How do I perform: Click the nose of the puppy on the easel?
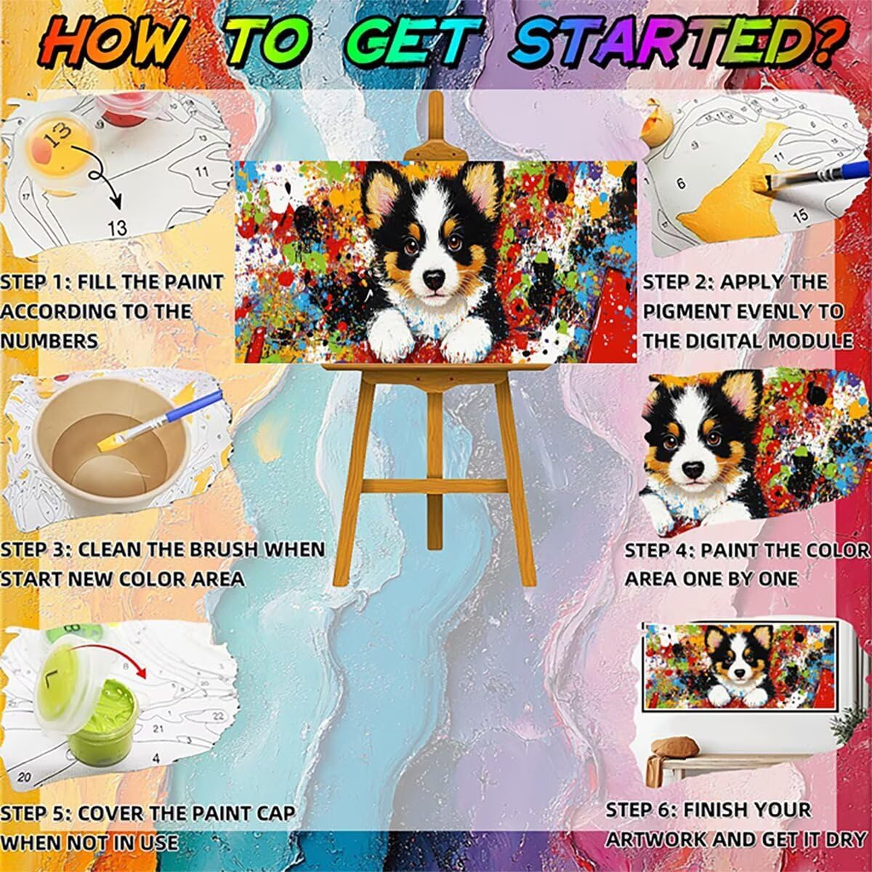[434, 279]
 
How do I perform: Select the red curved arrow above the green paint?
[113, 652]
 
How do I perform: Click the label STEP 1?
[33, 283]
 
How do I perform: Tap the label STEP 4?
[659, 551]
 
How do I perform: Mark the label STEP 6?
[640, 797]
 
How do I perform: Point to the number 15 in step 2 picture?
[800, 217]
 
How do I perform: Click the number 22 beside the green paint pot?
[218, 716]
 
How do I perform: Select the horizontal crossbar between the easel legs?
[435, 487]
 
